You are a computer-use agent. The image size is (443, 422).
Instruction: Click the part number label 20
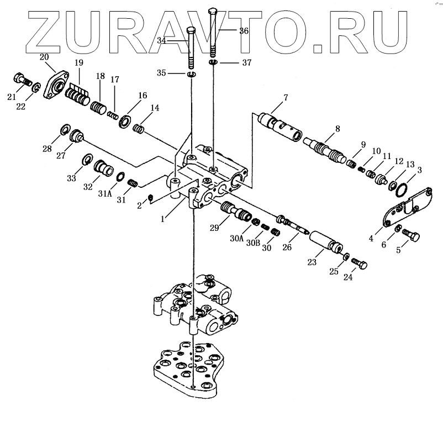(44, 57)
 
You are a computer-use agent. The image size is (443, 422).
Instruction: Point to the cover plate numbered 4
(403, 210)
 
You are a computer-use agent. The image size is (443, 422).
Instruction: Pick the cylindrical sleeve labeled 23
(326, 244)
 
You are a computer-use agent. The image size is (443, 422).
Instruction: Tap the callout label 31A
(106, 193)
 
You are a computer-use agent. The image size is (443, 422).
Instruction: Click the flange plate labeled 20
(56, 83)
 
